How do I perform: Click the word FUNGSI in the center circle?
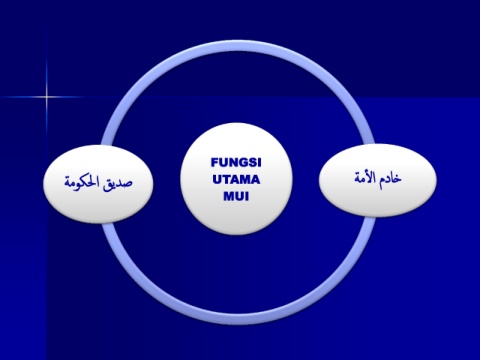236,163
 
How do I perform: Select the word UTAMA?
236,180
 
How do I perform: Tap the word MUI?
236,196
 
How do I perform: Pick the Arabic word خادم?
390,178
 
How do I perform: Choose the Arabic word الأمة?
365,177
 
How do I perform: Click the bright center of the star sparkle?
47,97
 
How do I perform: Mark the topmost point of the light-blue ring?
238,43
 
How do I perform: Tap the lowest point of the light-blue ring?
238,322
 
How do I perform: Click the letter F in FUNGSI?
215,163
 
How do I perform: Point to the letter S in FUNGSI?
252,163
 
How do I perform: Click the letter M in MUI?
228,196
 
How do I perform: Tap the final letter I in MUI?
247,196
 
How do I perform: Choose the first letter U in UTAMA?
217,180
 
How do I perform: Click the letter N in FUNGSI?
233,163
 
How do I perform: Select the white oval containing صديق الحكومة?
98,184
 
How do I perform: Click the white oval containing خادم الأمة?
378,180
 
